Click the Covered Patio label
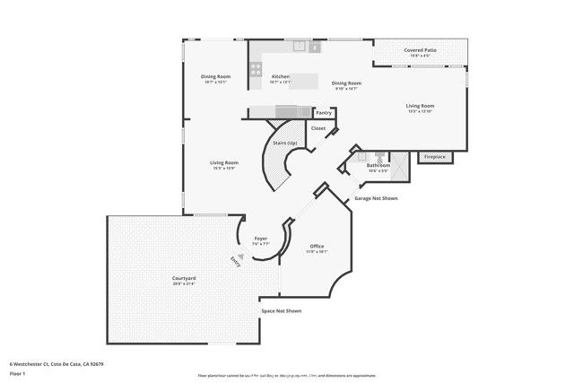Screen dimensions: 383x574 (x=421, y=51)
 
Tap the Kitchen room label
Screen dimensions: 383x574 (x=280, y=76)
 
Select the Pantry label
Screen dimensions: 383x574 (x=324, y=113)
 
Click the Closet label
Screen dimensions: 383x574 (x=317, y=128)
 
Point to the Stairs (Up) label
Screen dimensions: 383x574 (x=285, y=144)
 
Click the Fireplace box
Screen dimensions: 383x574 (x=434, y=157)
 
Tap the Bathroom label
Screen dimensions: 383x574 (x=378, y=165)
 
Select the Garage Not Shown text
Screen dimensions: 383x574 (x=376, y=198)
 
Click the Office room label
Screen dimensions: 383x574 (x=317, y=246)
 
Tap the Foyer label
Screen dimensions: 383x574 (x=260, y=238)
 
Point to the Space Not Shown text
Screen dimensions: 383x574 (x=281, y=310)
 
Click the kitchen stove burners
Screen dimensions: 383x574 (x=256, y=65)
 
